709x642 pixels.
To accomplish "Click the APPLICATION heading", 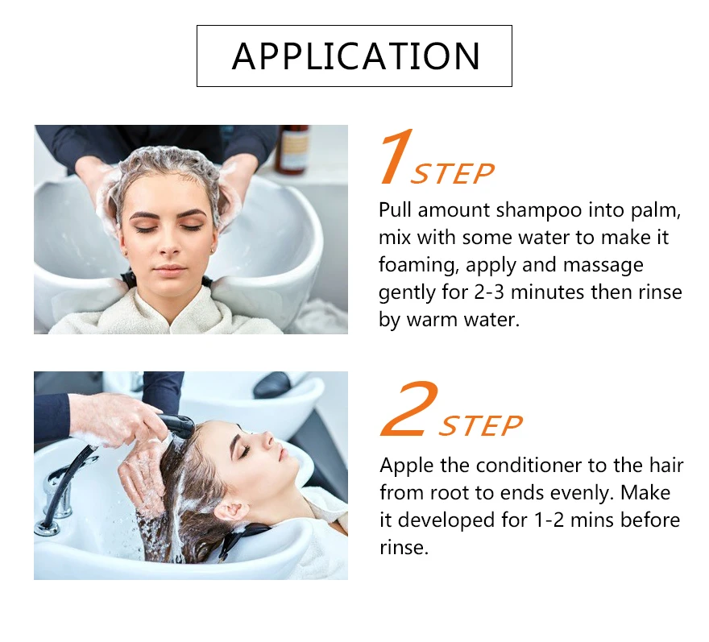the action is pyautogui.click(x=355, y=56).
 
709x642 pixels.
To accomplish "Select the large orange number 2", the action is pyautogui.click(x=409, y=408).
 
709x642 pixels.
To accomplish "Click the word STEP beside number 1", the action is pyautogui.click(x=452, y=174).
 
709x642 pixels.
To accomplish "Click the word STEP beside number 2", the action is pyautogui.click(x=481, y=425).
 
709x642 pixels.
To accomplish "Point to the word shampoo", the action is pyautogui.click(x=538, y=211).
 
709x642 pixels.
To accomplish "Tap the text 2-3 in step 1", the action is pyautogui.click(x=489, y=292).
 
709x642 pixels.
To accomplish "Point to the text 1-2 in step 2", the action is pyautogui.click(x=549, y=520).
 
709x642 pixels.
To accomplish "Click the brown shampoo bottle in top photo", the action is pyautogui.click(x=292, y=149).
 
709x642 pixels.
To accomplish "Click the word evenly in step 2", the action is pyautogui.click(x=582, y=494).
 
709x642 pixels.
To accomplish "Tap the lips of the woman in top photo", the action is pyautogui.click(x=169, y=271).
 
